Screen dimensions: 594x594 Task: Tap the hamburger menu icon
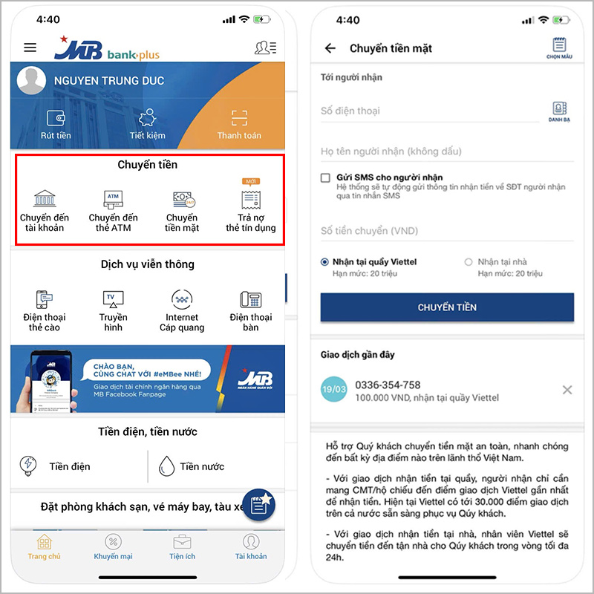[30, 48]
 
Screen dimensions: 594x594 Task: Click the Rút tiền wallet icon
[56, 118]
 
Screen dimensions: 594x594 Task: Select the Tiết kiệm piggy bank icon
[147, 117]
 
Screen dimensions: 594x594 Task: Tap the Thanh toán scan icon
[239, 118]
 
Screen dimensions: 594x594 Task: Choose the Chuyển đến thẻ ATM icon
[113, 199]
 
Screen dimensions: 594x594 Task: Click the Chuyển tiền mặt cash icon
[183, 199]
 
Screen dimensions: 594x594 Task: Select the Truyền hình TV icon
[113, 299]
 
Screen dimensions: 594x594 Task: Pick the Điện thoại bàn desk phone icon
[251, 300]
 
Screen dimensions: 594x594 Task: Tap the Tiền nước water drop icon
[166, 466]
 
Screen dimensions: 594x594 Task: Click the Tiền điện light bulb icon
[28, 466]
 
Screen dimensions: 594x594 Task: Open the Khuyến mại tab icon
[113, 542]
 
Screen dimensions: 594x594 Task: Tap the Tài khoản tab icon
[251, 542]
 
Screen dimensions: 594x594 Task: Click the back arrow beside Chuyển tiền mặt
[330, 48]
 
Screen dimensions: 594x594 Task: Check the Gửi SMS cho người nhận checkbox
[325, 177]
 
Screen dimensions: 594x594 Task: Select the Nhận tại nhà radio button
[469, 262]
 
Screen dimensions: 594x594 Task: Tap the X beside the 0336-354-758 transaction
[567, 390]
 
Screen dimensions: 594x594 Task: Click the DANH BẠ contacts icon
[560, 108]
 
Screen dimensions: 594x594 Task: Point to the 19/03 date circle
[333, 389]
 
